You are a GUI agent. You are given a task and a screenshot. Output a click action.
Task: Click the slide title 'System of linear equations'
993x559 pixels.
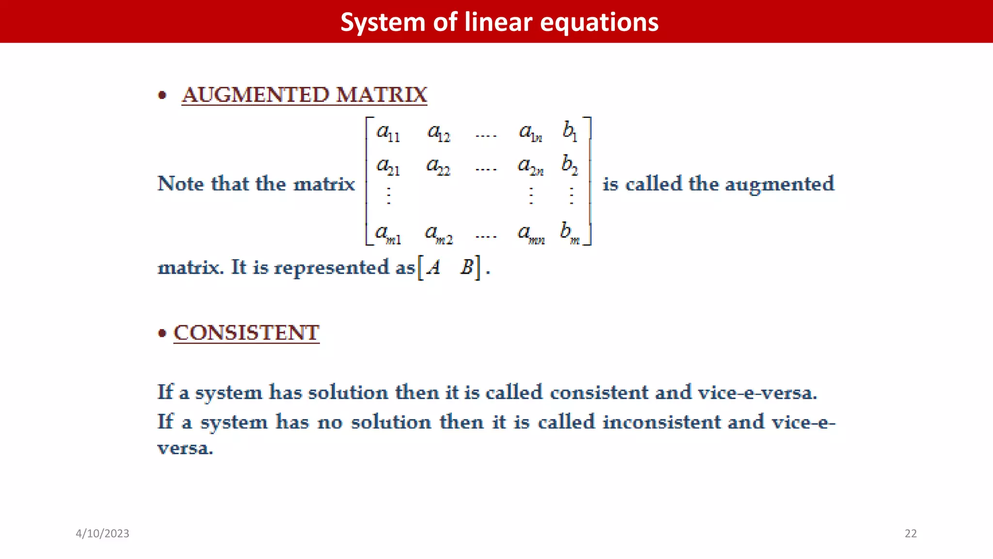point(499,22)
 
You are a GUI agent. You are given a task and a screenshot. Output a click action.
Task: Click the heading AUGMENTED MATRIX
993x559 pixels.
point(304,95)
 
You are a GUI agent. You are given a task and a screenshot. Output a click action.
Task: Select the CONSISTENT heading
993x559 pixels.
point(246,333)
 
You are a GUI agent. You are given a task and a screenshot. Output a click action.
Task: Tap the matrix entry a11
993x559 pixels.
point(388,132)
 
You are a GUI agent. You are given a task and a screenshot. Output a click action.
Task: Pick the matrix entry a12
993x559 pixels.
point(439,132)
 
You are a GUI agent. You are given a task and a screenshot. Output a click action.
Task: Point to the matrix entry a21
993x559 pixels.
point(388,166)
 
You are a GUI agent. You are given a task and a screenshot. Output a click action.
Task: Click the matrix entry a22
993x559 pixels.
point(438,166)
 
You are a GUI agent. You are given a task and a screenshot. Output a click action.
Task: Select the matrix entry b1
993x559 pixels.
point(570,132)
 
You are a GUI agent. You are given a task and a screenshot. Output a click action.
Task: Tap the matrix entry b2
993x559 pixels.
point(570,165)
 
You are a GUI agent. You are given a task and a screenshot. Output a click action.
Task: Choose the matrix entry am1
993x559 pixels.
point(388,234)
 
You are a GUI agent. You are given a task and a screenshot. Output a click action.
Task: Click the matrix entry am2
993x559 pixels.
point(439,234)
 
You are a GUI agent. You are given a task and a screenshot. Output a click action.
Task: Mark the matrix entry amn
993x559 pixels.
point(531,234)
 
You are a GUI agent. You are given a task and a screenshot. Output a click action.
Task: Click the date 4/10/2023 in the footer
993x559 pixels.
point(102,533)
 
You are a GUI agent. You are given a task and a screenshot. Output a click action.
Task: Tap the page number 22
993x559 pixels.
point(911,533)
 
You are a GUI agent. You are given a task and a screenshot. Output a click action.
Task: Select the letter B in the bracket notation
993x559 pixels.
point(467,267)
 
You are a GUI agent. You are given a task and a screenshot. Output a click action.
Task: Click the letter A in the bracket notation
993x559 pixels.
point(433,267)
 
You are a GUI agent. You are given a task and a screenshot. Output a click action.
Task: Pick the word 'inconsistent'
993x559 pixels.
point(662,422)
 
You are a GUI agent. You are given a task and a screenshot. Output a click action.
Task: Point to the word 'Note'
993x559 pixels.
point(181,184)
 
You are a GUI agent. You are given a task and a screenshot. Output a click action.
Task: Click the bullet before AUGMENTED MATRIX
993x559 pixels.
point(162,95)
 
